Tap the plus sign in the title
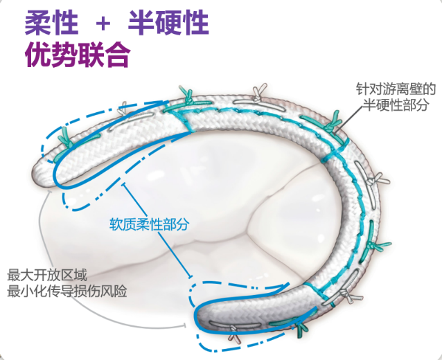point(103,25)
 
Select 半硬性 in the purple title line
point(168,24)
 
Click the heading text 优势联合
point(77,55)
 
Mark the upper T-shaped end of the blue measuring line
point(125,186)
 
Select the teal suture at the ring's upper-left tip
point(64,137)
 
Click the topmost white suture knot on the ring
point(258,92)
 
